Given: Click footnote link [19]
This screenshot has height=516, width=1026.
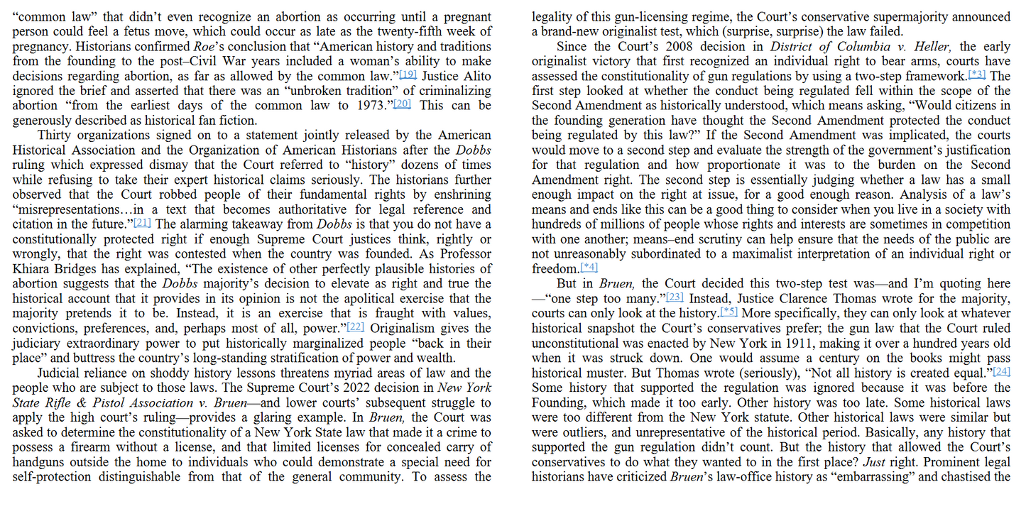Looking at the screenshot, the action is tap(408, 75).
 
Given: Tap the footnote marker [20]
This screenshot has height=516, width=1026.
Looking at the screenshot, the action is tap(403, 104).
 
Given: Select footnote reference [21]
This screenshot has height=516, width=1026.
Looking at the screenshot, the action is tap(143, 223).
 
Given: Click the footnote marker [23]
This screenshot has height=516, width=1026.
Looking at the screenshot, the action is tap(675, 297).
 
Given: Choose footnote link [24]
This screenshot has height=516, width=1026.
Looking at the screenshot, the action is tap(1001, 372).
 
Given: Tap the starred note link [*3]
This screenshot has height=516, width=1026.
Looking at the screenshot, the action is tap(978, 75).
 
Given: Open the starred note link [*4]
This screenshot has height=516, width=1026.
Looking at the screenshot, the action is tap(589, 268).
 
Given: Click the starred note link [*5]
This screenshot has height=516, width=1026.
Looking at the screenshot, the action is tap(730, 312).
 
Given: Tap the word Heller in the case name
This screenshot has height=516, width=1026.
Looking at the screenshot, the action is tap(929, 47).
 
